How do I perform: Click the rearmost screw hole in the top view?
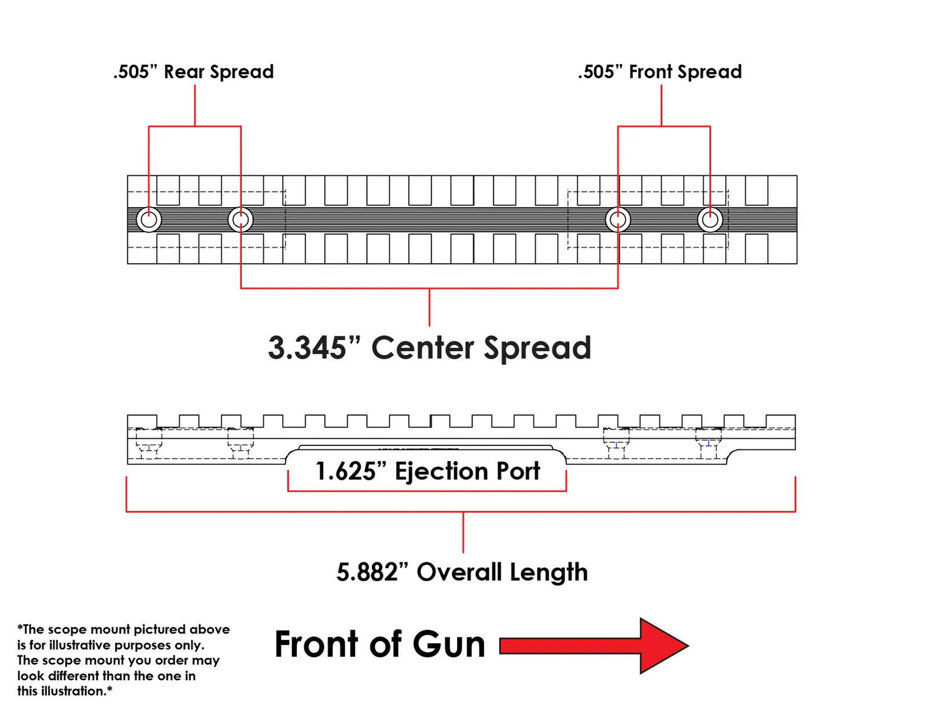click(x=149, y=220)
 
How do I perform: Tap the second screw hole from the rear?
click(x=241, y=220)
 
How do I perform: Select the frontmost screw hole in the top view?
click(x=710, y=220)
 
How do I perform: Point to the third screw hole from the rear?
click(x=618, y=220)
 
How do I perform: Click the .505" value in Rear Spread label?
click(x=135, y=72)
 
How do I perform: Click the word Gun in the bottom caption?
click(x=449, y=644)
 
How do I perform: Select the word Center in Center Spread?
click(x=422, y=348)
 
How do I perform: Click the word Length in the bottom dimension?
click(x=549, y=573)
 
